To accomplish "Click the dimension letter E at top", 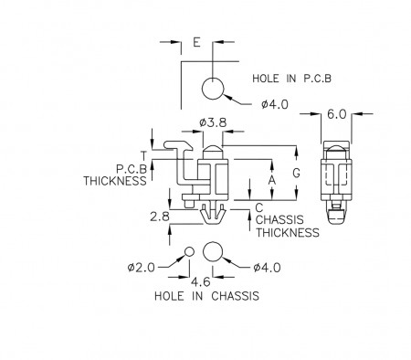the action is (x=196, y=42).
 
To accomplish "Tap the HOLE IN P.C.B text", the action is (x=291, y=79).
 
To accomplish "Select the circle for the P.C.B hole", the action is (x=213, y=89).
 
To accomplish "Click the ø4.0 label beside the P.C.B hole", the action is (x=274, y=104).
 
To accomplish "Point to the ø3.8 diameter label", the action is (x=213, y=122).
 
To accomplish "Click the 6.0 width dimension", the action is (x=336, y=114).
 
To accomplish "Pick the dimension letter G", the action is (x=296, y=173).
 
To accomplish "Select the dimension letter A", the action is (x=272, y=180).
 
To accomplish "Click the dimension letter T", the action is (x=143, y=155).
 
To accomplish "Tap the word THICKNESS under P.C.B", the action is (x=115, y=181).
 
